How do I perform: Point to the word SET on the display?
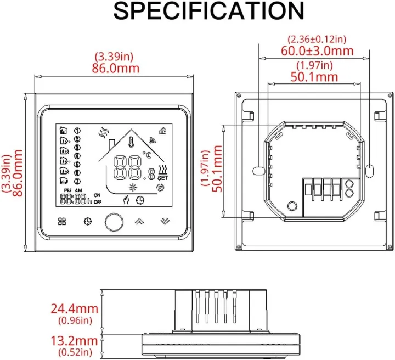163,178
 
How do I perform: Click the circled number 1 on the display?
77,131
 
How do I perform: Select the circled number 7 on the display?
77,181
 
